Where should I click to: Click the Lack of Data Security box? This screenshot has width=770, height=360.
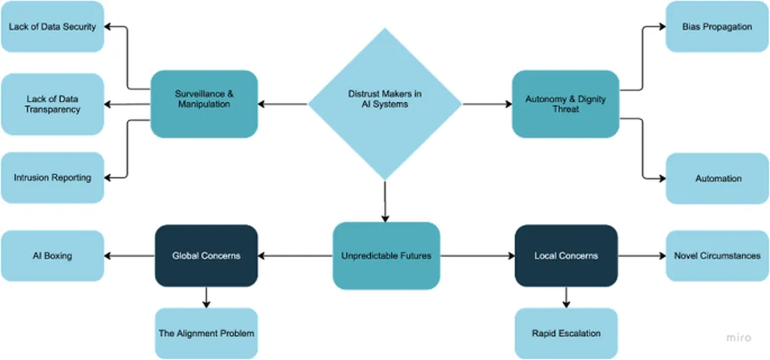(x=53, y=27)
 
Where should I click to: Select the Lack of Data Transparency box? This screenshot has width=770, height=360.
(x=53, y=104)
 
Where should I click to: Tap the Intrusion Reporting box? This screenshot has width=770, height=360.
(x=53, y=177)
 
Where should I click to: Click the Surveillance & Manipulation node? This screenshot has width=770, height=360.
(x=205, y=104)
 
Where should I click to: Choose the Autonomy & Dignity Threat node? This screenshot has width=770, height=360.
(x=565, y=104)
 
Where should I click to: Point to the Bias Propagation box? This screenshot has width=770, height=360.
(x=718, y=27)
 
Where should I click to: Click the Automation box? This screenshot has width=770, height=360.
(x=718, y=179)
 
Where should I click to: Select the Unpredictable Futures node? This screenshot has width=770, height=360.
(x=386, y=256)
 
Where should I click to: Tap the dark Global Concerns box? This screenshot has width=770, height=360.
(x=207, y=256)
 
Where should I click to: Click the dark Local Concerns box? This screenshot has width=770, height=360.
(x=565, y=256)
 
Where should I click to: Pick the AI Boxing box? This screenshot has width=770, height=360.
(x=53, y=256)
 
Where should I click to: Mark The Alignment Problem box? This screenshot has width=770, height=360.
(x=207, y=333)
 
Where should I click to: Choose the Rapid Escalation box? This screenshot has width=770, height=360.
(x=565, y=333)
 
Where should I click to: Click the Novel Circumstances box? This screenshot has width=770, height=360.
(x=718, y=256)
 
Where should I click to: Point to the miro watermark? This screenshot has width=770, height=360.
(x=738, y=338)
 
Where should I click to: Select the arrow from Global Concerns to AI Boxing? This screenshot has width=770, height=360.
(x=129, y=256)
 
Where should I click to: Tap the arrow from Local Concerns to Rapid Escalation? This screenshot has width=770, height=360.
(x=565, y=298)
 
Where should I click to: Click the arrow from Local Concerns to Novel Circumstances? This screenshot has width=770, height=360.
(x=641, y=256)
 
